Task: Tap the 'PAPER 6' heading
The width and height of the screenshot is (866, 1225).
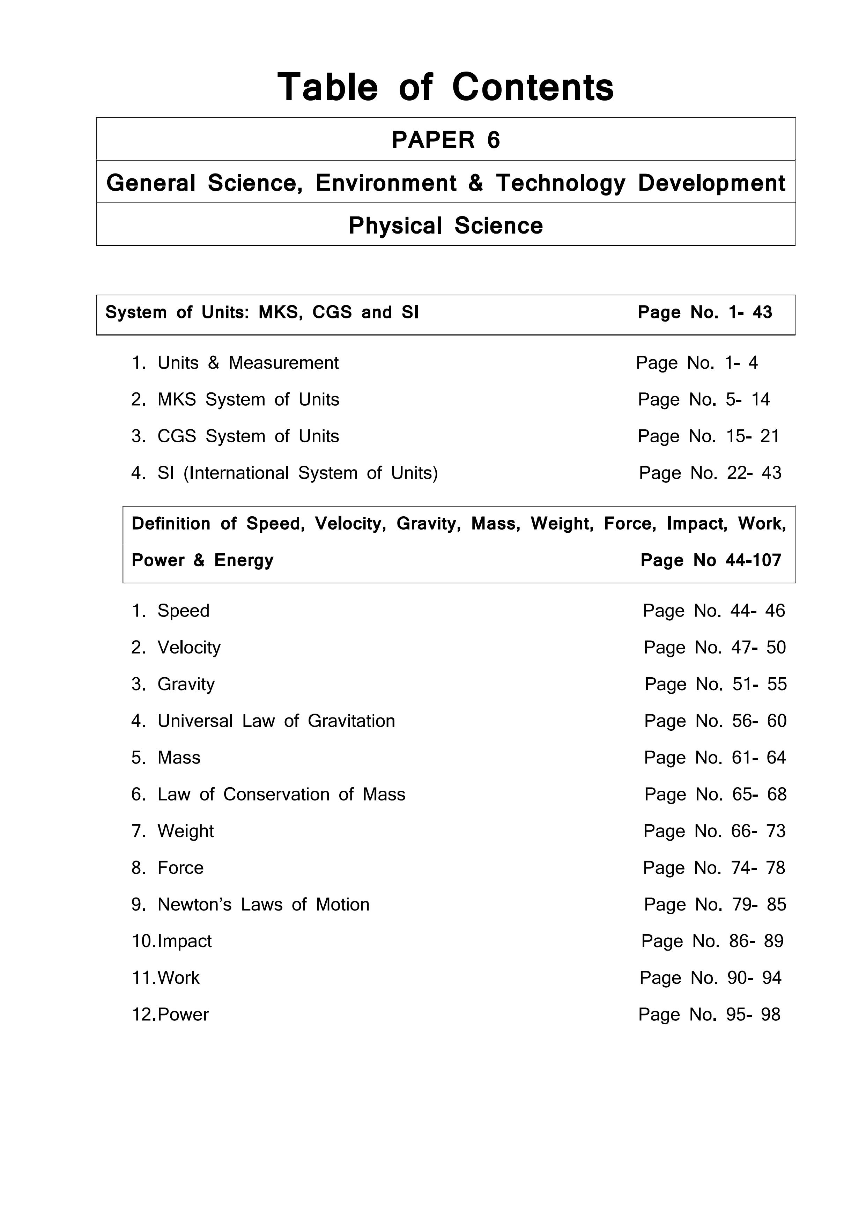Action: [x=445, y=140]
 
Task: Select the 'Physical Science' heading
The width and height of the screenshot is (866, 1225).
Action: [x=445, y=225]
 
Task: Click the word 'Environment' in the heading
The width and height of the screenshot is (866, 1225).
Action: [x=386, y=183]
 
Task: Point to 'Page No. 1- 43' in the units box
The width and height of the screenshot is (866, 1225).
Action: [x=704, y=312]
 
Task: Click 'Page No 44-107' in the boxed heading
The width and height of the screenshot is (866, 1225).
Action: [x=711, y=560]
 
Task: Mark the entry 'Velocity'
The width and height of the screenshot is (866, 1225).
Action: [x=188, y=648]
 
